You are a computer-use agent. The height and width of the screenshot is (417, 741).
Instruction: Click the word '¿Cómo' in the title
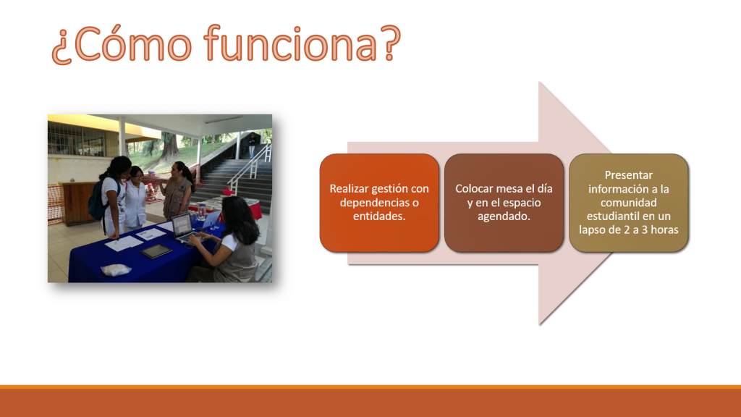pos(122,45)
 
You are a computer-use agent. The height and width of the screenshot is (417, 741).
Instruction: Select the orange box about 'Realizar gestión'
pos(379,203)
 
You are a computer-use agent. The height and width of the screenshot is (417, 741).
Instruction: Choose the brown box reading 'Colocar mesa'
pos(504,203)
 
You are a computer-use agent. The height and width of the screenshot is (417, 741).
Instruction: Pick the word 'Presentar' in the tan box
pos(629,175)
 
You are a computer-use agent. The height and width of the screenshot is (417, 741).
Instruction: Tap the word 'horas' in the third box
pos(664,229)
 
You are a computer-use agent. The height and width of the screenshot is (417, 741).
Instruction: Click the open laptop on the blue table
pos(185,228)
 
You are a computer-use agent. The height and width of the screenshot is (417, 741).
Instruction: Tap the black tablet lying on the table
pos(156,251)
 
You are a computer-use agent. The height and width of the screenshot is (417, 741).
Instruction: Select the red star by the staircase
pos(229,190)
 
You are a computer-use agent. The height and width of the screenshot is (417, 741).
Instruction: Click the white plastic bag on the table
pos(116,269)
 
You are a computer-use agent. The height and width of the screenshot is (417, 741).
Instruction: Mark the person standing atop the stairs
pos(253,144)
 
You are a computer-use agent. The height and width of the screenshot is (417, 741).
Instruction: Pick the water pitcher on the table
pos(202,211)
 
